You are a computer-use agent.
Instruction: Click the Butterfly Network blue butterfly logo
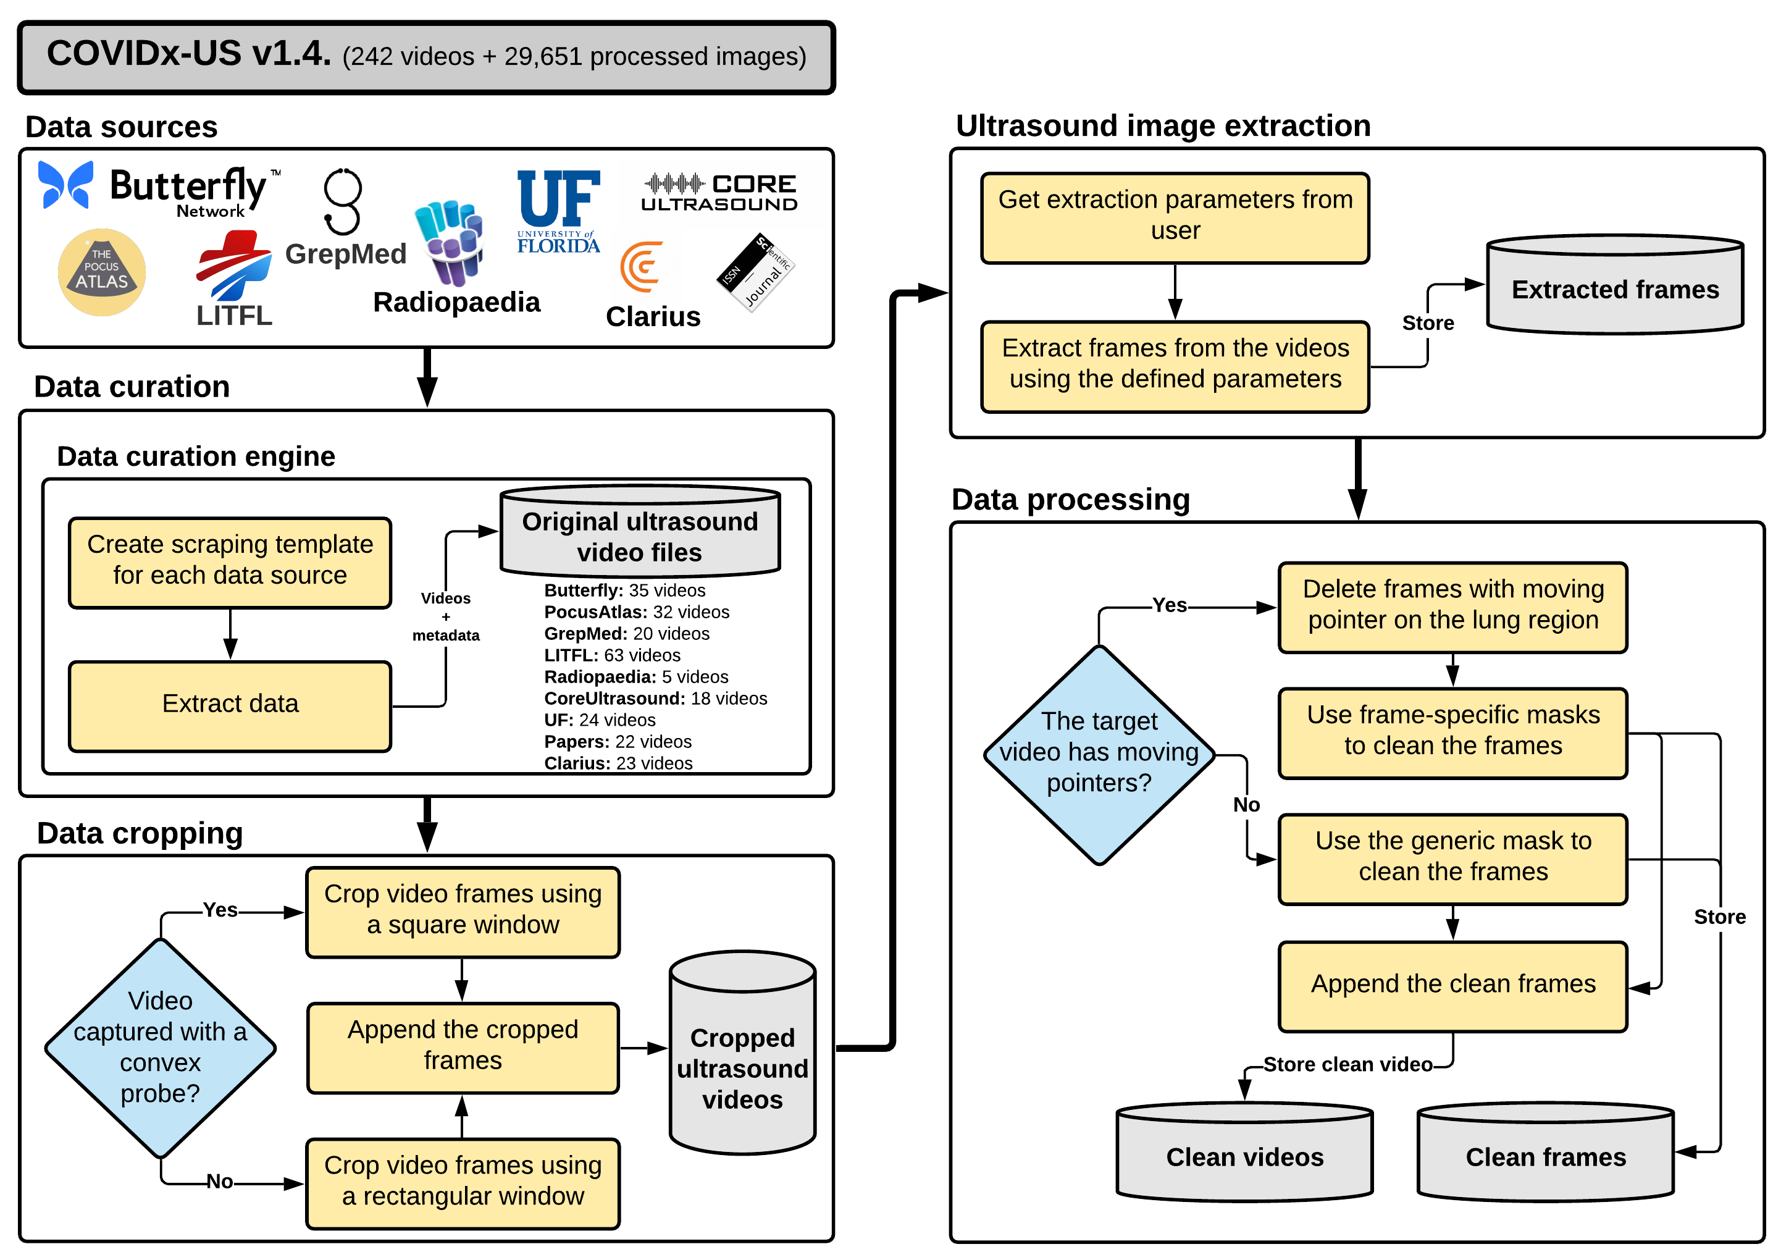[66, 185]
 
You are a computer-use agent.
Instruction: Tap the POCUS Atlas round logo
[102, 272]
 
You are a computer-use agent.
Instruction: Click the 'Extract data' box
[230, 704]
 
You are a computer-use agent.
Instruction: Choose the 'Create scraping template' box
[230, 561]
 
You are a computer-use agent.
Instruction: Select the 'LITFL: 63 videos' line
[612, 655]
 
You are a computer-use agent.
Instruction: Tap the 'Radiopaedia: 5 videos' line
[636, 677]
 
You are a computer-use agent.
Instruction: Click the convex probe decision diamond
[161, 1047]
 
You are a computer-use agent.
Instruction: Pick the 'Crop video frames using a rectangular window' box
[463, 1182]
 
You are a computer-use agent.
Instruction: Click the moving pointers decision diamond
[1099, 753]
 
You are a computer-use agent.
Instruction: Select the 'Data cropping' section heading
[140, 833]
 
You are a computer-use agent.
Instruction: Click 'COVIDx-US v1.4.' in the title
[188, 54]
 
